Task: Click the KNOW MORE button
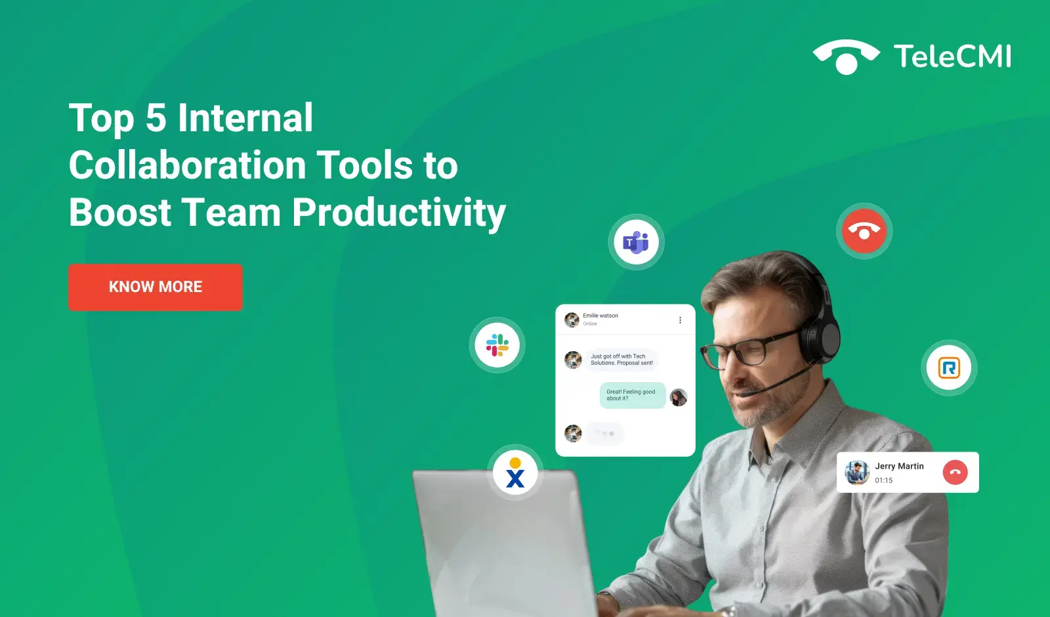[x=155, y=287]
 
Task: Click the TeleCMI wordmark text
[x=952, y=56]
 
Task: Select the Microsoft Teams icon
[x=636, y=242]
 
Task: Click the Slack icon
[x=497, y=345]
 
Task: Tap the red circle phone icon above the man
[x=864, y=230]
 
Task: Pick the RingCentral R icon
[x=949, y=368]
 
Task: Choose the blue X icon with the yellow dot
[x=515, y=473]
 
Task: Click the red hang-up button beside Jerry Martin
[x=955, y=472]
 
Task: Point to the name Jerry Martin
[x=899, y=466]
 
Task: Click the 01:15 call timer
[x=883, y=480]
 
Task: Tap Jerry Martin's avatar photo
[x=857, y=472]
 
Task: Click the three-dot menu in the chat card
[x=680, y=320]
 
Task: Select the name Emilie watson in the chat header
[x=600, y=316]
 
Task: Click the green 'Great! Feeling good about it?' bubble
[x=633, y=395]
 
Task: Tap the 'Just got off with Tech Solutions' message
[x=621, y=360]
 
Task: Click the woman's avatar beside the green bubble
[x=679, y=398]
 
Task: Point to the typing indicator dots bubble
[x=604, y=433]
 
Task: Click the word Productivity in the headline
[x=399, y=213]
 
